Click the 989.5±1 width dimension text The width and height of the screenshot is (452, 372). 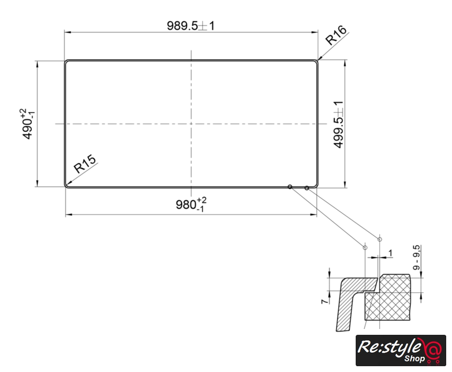click(x=191, y=26)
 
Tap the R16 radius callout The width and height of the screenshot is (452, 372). click(x=337, y=35)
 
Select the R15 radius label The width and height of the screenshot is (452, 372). click(x=85, y=164)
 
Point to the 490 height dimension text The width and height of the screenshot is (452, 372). click(x=28, y=124)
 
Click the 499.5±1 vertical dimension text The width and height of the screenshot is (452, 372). click(x=338, y=124)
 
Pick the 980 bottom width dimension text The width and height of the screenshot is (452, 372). click(x=191, y=204)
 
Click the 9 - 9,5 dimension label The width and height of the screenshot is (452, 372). click(x=417, y=257)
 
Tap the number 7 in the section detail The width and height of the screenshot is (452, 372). click(x=324, y=301)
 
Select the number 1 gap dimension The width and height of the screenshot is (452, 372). click(x=390, y=253)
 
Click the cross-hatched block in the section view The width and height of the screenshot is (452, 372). click(x=388, y=298)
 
